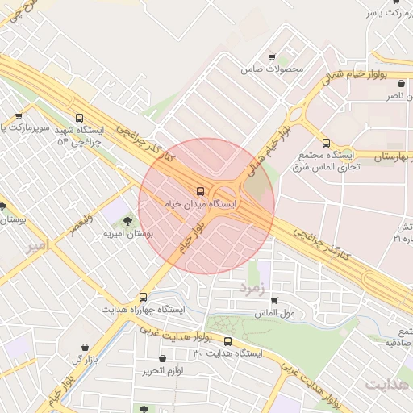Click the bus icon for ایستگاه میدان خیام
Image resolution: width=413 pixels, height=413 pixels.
(199, 192)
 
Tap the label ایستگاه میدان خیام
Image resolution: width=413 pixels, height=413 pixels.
(204, 206)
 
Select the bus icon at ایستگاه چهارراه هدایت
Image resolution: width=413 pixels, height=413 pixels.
(144, 297)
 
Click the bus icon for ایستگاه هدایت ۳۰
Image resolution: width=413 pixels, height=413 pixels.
(227, 341)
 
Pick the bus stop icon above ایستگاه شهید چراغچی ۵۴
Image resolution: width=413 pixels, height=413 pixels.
(77, 118)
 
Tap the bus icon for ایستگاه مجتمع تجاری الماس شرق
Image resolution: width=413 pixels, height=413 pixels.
(326, 144)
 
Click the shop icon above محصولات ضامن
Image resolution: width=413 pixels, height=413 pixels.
(272, 56)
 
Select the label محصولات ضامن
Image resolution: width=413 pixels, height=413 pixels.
(272, 69)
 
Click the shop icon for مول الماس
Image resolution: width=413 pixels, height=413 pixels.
(275, 300)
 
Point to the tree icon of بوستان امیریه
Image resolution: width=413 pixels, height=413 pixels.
(128, 220)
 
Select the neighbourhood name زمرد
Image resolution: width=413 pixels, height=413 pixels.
(252, 287)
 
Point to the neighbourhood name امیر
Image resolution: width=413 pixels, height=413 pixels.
(37, 244)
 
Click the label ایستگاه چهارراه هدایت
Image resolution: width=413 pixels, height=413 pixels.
(144, 310)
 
